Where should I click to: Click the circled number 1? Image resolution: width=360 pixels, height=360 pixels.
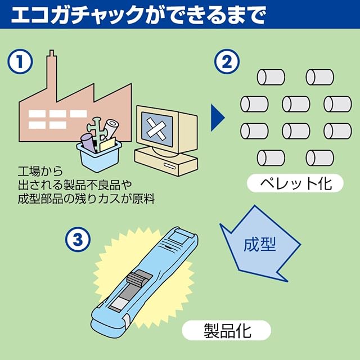coord(20,61)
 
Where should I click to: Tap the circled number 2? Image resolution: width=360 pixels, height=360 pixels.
coord(227,61)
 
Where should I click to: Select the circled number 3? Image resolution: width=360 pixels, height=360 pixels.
coord(78,240)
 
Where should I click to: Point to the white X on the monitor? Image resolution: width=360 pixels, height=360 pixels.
coord(156,129)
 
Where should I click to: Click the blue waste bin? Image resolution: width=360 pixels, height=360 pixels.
coord(99,156)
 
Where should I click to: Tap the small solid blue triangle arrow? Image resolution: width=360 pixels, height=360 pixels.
coord(218,118)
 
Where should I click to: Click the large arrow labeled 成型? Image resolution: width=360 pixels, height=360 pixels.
coord(260,244)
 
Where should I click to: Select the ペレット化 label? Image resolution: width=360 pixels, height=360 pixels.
coord(295,183)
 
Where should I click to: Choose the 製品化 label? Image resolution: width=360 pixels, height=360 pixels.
coord(227,331)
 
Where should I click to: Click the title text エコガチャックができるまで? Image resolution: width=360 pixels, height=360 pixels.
coord(139,15)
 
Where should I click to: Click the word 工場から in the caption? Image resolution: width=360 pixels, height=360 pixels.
coord(40,172)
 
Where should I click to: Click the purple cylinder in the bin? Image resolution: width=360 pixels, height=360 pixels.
coord(88,142)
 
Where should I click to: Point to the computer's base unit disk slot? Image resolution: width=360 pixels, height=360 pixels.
coord(169,166)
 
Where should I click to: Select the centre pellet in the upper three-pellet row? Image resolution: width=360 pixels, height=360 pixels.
coord(296,104)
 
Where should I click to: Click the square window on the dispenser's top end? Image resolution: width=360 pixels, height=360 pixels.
coord(178,237)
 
